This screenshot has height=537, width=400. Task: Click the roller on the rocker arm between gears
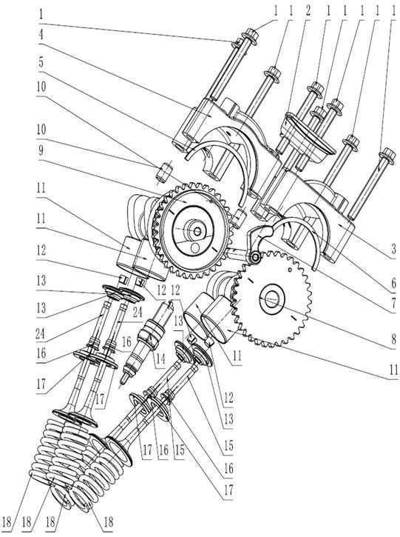[x=255, y=257]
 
